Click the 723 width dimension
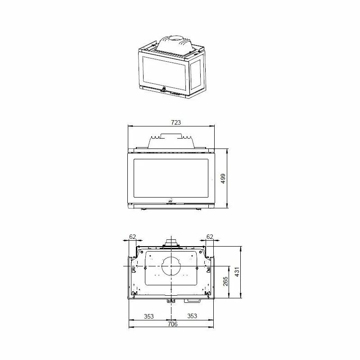coord(176,122)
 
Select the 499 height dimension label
coord(223,179)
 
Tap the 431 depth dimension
coord(237,272)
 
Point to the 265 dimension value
coord(225,281)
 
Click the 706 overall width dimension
coord(172,324)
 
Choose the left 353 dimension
coord(149,316)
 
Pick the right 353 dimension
coord(192,316)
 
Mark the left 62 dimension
coord(133,237)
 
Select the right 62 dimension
coord(210,237)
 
